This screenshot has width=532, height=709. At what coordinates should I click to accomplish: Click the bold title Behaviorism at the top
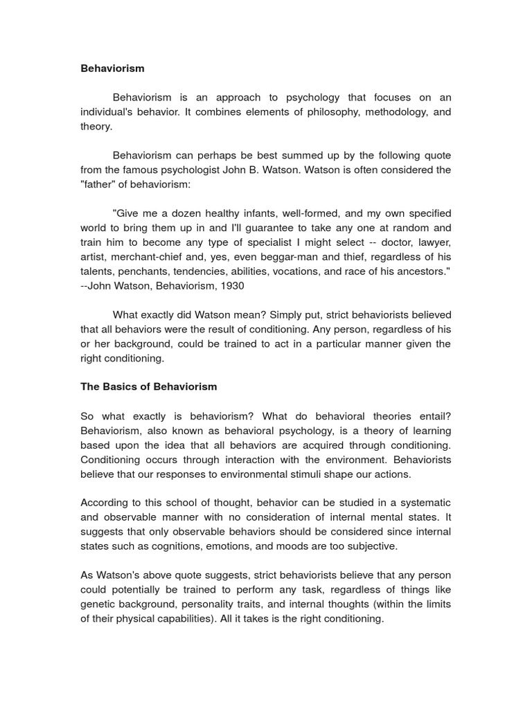[x=112, y=69]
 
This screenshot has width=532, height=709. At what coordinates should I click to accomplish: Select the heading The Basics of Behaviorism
[x=148, y=386]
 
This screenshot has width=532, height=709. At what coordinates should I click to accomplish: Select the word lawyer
[x=430, y=242]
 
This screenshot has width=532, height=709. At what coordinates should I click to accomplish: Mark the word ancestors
[x=420, y=271]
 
